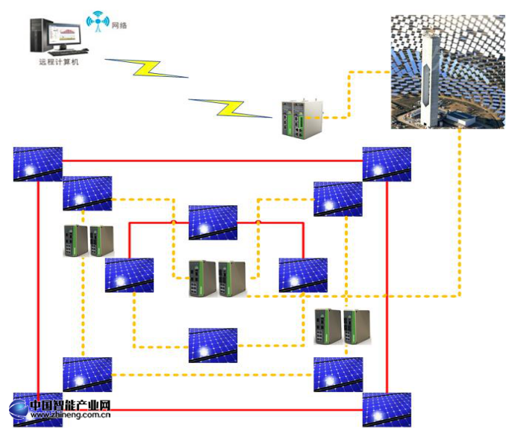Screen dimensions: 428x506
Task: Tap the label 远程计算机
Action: [x=58, y=62]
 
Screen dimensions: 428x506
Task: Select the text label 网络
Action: [x=119, y=25]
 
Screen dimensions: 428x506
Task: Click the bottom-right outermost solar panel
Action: [x=387, y=409]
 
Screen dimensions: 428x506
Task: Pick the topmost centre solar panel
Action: [x=213, y=223]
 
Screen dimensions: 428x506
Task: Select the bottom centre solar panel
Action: [x=213, y=345]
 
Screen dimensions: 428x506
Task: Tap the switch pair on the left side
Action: [x=88, y=241]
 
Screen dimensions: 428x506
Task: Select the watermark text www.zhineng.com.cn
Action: [x=70, y=415]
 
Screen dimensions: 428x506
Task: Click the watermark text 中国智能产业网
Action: [x=70, y=406]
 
